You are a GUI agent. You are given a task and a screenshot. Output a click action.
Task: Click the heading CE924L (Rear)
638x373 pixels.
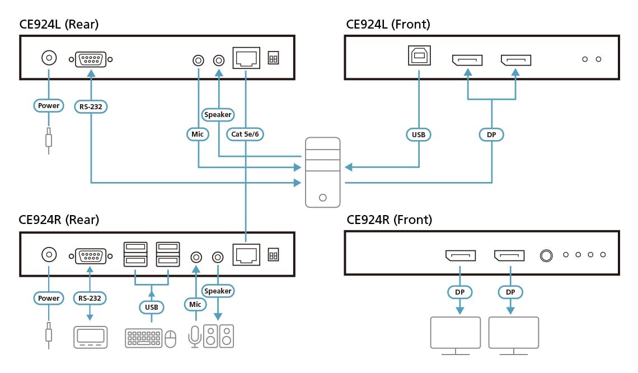click(59, 24)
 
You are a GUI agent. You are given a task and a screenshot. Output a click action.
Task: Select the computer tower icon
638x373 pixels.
click(322, 172)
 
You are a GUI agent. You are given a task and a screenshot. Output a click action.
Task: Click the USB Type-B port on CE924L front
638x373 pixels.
click(419, 56)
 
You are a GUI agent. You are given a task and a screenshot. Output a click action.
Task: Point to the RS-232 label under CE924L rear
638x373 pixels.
click(90, 105)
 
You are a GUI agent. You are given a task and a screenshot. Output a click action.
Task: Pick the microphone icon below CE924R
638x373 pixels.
click(194, 336)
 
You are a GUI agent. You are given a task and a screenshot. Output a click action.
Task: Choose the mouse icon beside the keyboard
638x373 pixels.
click(170, 338)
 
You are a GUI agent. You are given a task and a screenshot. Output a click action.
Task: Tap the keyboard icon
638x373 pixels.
click(144, 338)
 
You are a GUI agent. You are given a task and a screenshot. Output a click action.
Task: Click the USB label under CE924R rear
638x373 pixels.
click(151, 307)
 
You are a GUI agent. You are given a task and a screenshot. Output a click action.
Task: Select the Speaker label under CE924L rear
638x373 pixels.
click(218, 114)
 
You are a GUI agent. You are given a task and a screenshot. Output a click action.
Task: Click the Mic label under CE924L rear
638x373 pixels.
click(197, 134)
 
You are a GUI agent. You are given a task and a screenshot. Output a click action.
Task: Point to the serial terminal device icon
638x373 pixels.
click(90, 337)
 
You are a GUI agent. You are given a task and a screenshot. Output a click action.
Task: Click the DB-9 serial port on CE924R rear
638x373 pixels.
click(90, 256)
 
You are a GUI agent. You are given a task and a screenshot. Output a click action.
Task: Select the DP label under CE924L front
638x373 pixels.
click(491, 134)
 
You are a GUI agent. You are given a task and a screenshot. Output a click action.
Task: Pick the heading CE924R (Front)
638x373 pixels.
click(389, 220)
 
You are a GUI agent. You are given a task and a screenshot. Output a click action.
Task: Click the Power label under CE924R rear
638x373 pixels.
click(49, 298)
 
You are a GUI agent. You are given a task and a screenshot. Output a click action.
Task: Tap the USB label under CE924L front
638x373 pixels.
click(419, 134)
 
